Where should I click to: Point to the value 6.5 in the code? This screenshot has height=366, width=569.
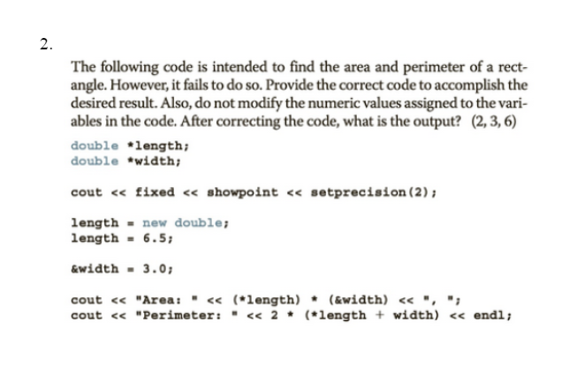156,237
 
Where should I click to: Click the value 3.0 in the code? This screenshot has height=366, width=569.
151,270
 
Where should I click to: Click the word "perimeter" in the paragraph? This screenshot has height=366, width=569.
413,67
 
